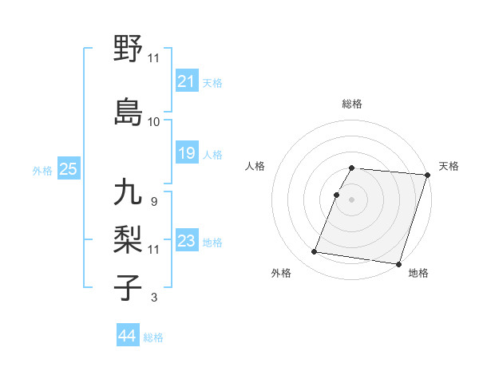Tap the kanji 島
(129, 111)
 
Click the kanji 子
(129, 286)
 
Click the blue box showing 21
(187, 81)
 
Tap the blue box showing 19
(187, 153)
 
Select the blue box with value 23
(187, 241)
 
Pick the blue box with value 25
(68, 169)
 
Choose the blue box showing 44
(128, 336)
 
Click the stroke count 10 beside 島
(153, 122)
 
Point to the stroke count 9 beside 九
(153, 201)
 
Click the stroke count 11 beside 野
(153, 57)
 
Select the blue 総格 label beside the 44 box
(153, 337)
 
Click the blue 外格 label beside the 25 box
(42, 171)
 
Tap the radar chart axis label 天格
(449, 166)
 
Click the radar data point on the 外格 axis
(314, 252)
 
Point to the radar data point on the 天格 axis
(427, 175)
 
